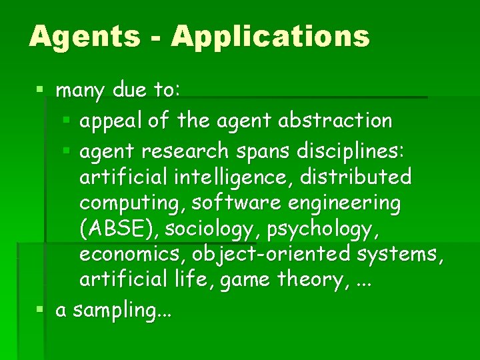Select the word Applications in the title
click(270, 36)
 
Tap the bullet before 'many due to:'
click(41, 89)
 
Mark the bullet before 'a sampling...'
click(41, 310)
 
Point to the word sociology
click(212, 229)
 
